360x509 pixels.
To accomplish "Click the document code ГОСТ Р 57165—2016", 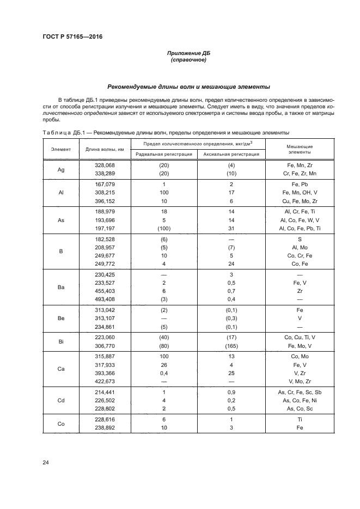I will (72, 37).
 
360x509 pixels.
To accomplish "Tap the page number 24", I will (45, 463).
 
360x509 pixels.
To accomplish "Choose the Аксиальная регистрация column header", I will (231, 154).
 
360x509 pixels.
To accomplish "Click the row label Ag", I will (61, 169).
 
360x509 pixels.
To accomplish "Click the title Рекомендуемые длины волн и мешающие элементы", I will (188, 86).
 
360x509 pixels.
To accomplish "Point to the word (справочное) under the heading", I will (188, 60).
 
